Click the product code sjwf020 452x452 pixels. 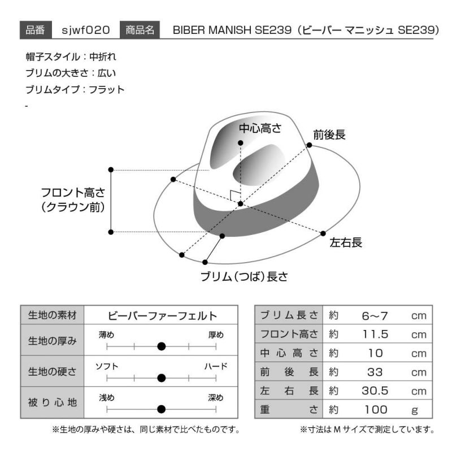pyautogui.click(x=86, y=30)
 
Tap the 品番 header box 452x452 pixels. pyautogui.click(x=36, y=30)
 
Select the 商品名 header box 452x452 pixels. pyautogui.click(x=140, y=30)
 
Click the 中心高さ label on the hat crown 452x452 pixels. pyautogui.click(x=260, y=128)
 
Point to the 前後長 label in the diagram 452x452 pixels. pyautogui.click(x=329, y=134)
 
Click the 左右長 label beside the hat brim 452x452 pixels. pyautogui.click(x=346, y=242)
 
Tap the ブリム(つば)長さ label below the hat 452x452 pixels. pyautogui.click(x=244, y=276)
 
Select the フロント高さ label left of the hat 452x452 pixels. pyautogui.click(x=73, y=200)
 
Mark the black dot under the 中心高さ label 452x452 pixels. pyautogui.click(x=241, y=143)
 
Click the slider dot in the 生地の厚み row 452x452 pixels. pyautogui.click(x=162, y=346)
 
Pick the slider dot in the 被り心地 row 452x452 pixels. pyautogui.click(x=162, y=409)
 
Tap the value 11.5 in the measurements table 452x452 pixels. pyautogui.click(x=375, y=334)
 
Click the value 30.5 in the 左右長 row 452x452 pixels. pyautogui.click(x=375, y=391)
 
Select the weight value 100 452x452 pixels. pyautogui.click(x=376, y=410)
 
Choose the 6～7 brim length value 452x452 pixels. pyautogui.click(x=375, y=316)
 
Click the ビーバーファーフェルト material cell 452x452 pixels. pyautogui.click(x=162, y=316)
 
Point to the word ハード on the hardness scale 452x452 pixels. pyautogui.click(x=216, y=366)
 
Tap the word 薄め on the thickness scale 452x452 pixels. pyautogui.click(x=106, y=334)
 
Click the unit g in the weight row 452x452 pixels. pyautogui.click(x=415, y=410)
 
